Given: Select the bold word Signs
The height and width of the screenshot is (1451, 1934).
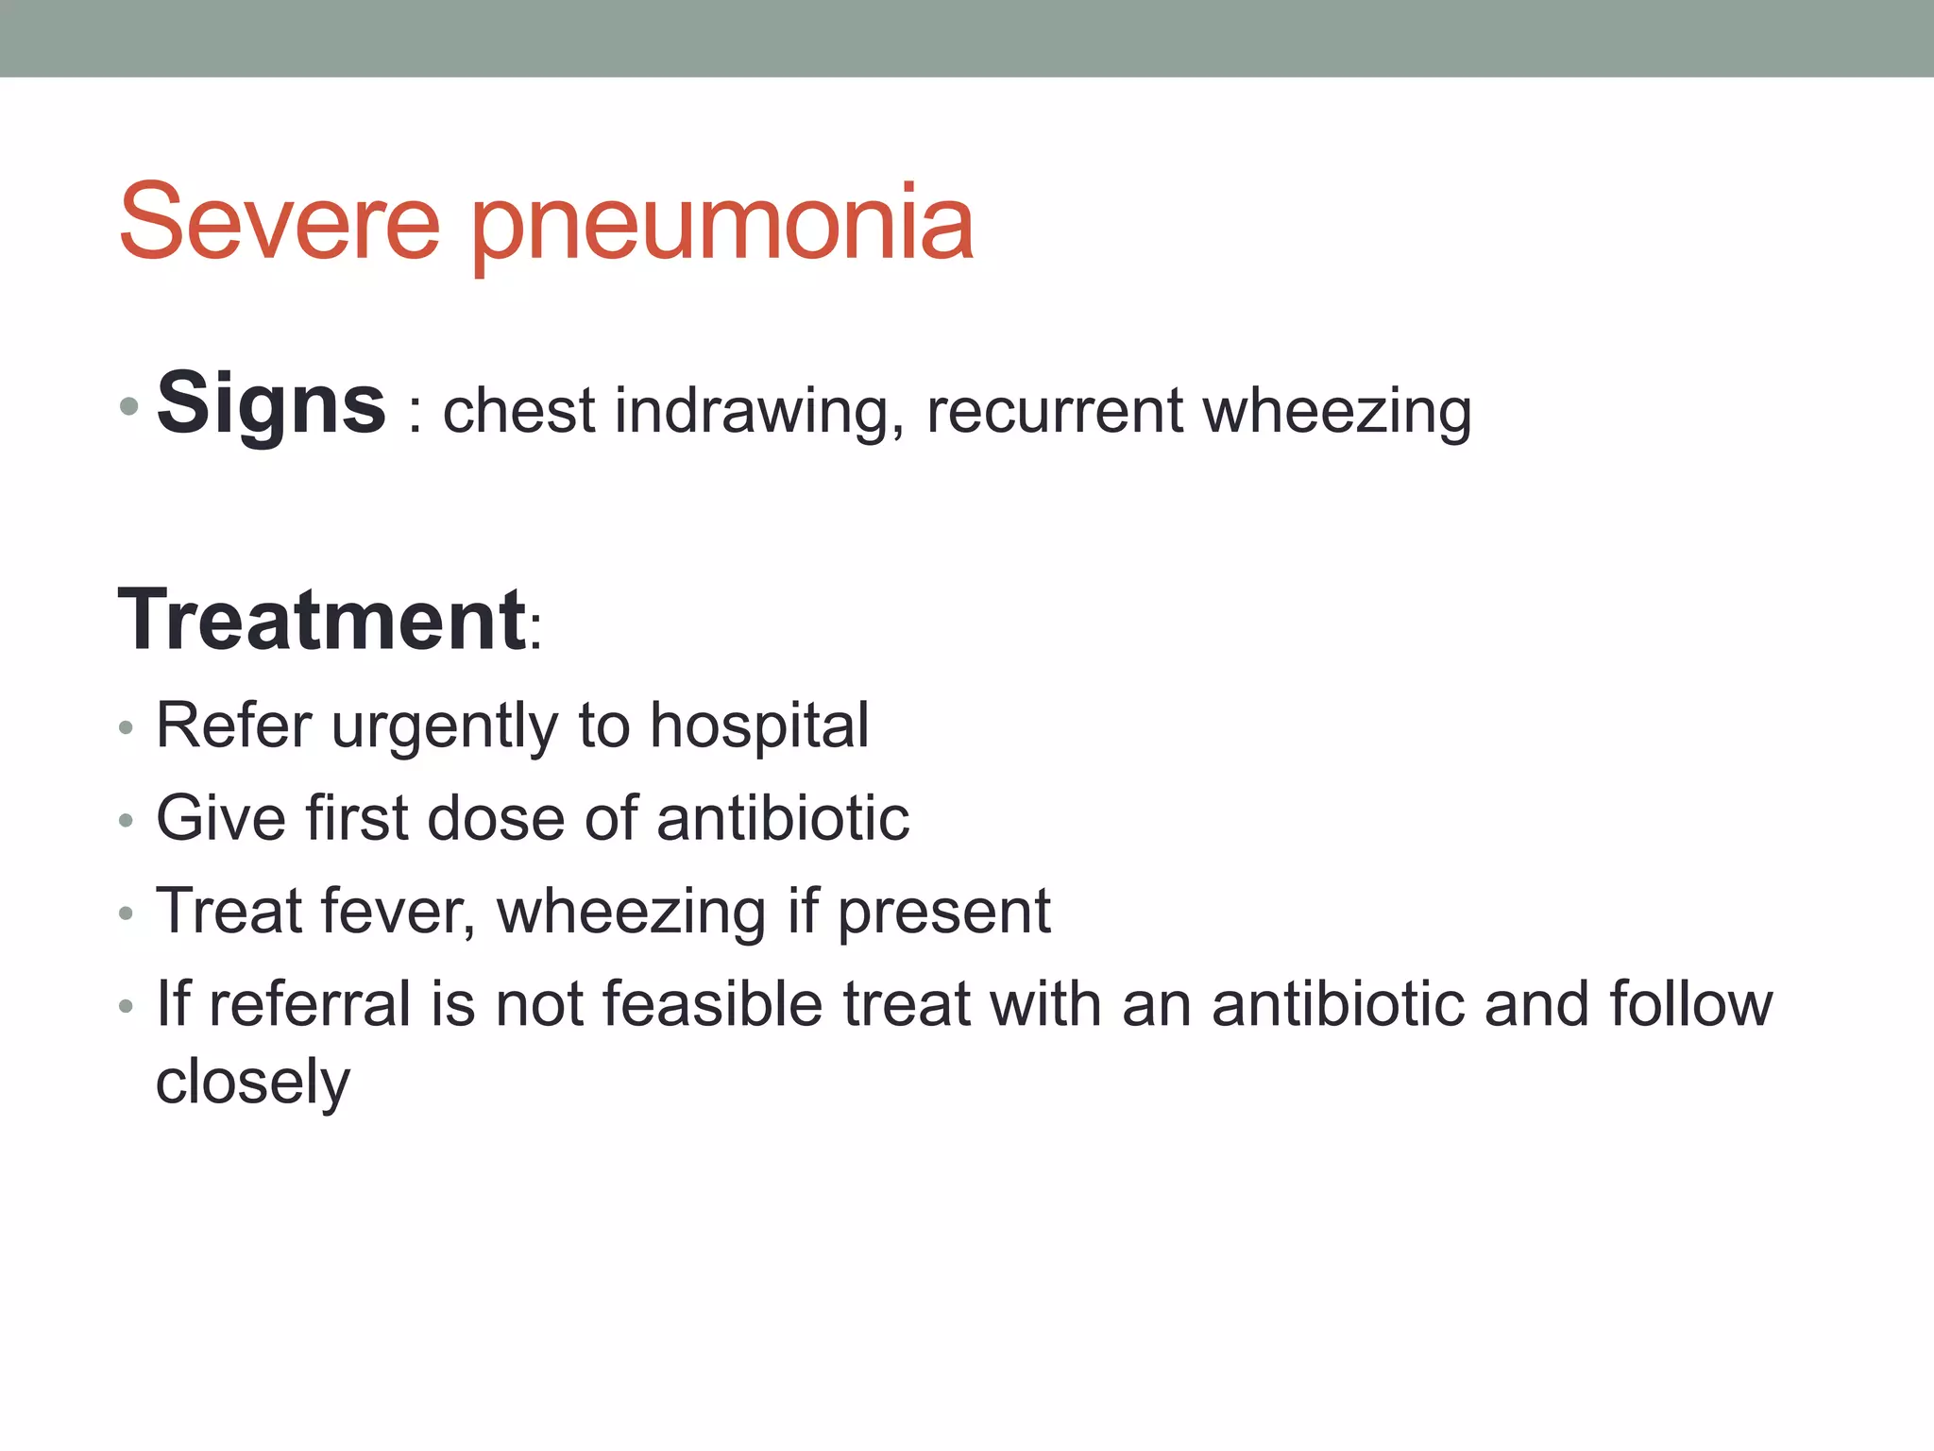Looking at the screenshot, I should pos(271,404).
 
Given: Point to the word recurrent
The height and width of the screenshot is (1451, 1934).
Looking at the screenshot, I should pos(1055,412).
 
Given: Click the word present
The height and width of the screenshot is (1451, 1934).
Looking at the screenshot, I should pos(943,913).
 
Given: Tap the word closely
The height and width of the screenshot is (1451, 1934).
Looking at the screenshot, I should pos(252,1082).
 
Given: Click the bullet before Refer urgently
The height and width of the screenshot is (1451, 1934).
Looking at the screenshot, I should pos(127,729).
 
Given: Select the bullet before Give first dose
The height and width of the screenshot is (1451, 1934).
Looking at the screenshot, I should pos(127,822).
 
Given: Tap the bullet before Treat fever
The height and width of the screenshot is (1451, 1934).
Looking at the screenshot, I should pos(127,914).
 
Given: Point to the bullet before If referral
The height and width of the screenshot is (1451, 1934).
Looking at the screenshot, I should pos(127,1007).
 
